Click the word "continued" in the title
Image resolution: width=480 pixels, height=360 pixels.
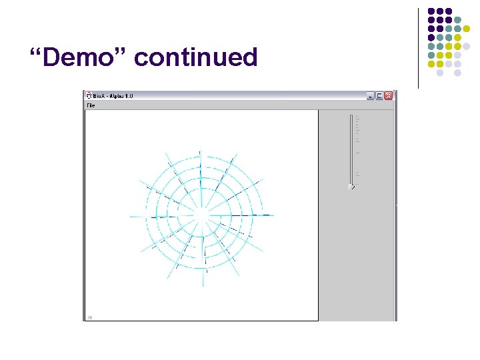pyautogui.click(x=195, y=57)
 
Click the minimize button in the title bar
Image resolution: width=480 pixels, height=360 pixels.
pyautogui.click(x=370, y=95)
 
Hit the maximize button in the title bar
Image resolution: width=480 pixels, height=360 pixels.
pyautogui.click(x=379, y=95)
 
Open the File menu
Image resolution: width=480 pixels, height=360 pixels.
pyautogui.click(x=91, y=105)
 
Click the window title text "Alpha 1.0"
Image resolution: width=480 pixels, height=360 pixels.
pyautogui.click(x=120, y=95)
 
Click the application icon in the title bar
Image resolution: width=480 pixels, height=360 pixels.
pyautogui.click(x=89, y=95)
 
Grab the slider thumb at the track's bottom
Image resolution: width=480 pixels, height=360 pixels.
pyautogui.click(x=351, y=186)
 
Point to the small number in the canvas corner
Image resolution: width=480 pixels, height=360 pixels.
pyautogui.click(x=89, y=317)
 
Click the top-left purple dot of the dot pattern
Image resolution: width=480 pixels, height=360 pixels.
pyautogui.click(x=431, y=11)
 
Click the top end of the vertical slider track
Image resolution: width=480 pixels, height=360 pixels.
pyautogui.click(x=351, y=116)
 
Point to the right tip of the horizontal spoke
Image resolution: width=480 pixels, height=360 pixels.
pyautogui.click(x=274, y=215)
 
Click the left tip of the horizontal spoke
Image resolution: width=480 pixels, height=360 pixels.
pyautogui.click(x=131, y=216)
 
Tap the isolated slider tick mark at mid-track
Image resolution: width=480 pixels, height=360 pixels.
pyautogui.click(x=358, y=153)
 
